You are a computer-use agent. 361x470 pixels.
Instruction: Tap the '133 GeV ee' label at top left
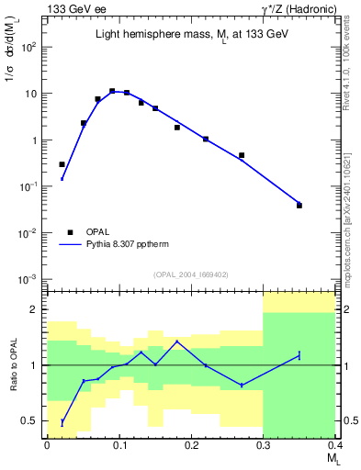click(x=70, y=8)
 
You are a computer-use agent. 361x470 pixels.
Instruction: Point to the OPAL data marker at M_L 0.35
click(x=299, y=206)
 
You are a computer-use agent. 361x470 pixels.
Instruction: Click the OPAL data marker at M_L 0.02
click(x=62, y=164)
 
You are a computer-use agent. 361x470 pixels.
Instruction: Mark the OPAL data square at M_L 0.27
click(x=242, y=156)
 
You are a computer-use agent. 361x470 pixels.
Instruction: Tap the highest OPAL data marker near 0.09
click(x=112, y=91)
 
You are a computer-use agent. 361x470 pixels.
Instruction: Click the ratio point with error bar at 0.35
click(x=299, y=355)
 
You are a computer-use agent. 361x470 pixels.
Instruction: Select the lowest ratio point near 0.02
click(x=62, y=422)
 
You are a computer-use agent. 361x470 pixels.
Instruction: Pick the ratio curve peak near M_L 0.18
click(x=176, y=341)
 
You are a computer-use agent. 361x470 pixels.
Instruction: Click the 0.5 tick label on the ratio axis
click(x=30, y=421)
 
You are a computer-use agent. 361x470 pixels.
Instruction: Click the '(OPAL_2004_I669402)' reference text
click(x=190, y=274)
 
